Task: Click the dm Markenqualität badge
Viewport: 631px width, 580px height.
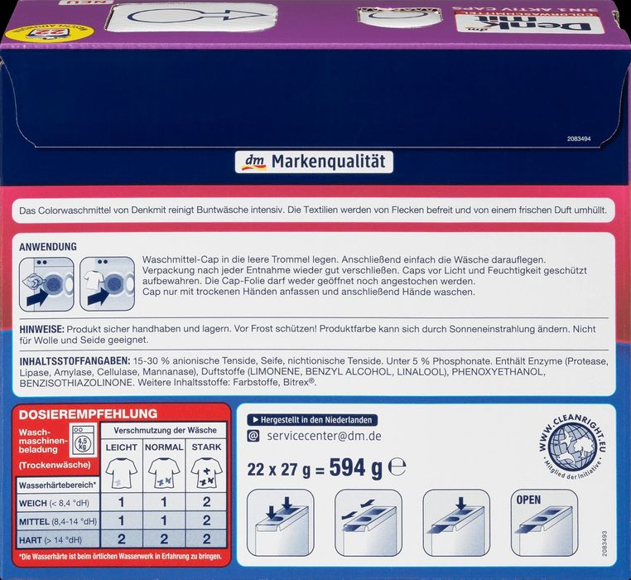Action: [315, 162]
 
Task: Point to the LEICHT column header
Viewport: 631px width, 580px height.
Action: [122, 447]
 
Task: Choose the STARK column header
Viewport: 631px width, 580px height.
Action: [206, 447]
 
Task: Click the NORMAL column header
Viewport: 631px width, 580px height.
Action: [164, 447]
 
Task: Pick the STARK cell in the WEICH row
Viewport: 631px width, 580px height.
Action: [206, 502]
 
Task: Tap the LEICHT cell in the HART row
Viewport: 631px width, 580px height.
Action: [122, 539]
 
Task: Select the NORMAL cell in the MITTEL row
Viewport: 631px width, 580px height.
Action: [164, 520]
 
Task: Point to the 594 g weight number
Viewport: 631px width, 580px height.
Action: [355, 468]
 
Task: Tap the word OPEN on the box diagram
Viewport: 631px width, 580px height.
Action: [528, 500]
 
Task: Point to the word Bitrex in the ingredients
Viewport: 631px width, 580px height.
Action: [297, 384]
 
